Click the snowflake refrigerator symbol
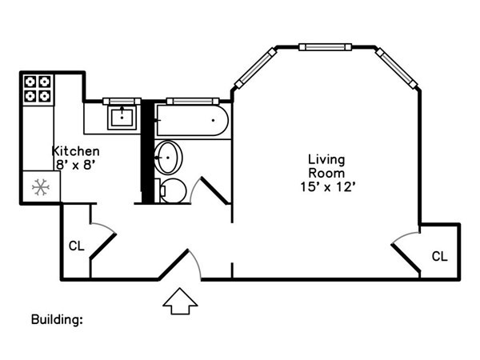click(41, 187)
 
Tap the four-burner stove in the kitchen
click(38, 90)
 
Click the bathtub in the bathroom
click(192, 120)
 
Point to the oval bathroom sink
click(168, 158)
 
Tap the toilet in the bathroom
click(172, 190)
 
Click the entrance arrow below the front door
click(180, 302)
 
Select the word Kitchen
click(76, 151)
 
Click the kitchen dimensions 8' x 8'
click(74, 165)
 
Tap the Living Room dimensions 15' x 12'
click(327, 186)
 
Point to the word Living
click(326, 160)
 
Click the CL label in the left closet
click(76, 246)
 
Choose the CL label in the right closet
click(439, 256)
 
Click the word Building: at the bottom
click(57, 319)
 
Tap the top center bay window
click(325, 47)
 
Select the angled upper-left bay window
click(256, 68)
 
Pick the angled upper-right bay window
click(397, 68)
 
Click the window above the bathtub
click(193, 101)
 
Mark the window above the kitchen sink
click(122, 102)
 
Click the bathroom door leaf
click(214, 190)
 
